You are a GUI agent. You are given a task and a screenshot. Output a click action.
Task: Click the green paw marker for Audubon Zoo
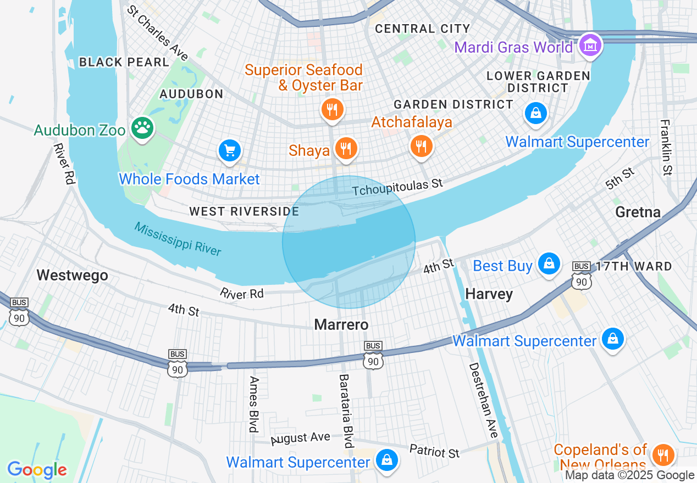point(143,128)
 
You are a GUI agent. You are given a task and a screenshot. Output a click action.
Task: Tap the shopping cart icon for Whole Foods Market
point(230,150)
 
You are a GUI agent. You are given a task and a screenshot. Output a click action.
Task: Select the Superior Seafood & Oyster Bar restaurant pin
point(332,110)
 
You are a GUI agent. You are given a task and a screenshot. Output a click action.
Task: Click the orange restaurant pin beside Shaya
point(346,148)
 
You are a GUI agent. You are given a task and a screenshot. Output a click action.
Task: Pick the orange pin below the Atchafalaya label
point(421,145)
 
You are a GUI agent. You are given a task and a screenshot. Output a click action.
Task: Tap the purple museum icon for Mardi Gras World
point(590,46)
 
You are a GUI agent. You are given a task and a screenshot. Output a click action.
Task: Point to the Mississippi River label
point(178,239)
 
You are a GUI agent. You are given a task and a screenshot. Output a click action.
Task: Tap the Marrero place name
point(341,325)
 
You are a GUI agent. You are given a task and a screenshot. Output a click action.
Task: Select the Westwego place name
point(72,275)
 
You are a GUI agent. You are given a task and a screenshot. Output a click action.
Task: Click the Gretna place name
point(638,212)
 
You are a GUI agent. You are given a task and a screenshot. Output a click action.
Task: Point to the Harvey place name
point(489,294)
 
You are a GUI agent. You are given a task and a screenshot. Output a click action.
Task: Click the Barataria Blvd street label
point(345,411)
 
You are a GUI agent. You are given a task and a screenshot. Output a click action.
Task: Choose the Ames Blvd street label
point(254,404)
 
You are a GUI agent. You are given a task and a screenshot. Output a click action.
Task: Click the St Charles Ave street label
point(157,33)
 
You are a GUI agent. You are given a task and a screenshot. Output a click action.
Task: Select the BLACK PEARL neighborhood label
point(124,62)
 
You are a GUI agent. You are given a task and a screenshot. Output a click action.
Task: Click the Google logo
point(37,470)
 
